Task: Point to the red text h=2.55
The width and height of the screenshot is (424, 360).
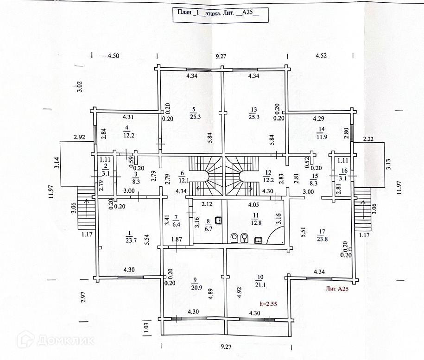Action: pyautogui.click(x=268, y=304)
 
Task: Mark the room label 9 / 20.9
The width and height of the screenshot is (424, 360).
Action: pyautogui.click(x=195, y=283)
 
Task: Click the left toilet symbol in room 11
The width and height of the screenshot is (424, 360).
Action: pyautogui.click(x=235, y=238)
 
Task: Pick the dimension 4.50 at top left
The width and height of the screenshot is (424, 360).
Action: pyautogui.click(x=114, y=56)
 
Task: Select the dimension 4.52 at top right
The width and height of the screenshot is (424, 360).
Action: pyautogui.click(x=321, y=56)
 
